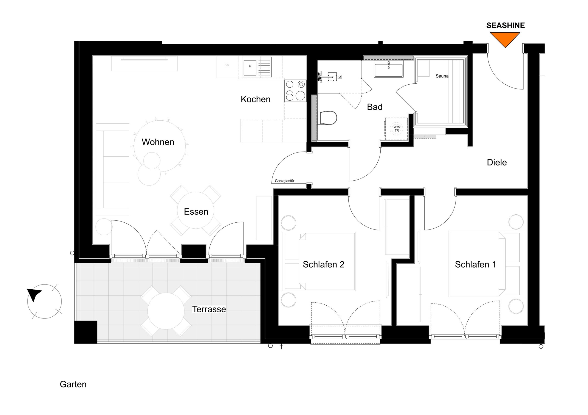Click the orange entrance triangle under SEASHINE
coord(505,39)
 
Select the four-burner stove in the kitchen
coord(295,91)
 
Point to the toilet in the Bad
coord(328,118)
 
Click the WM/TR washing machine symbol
coord(396,129)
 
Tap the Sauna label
coord(442,76)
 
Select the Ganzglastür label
coord(285,181)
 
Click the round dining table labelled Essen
coord(196,210)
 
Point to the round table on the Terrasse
coord(166,311)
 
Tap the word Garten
coord(73,384)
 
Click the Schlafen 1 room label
coord(475,264)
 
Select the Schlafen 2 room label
coord(323,264)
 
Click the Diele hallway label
coord(497,162)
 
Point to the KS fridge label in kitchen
coord(227,65)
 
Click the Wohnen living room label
coord(158,142)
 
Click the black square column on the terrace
coord(86,332)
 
